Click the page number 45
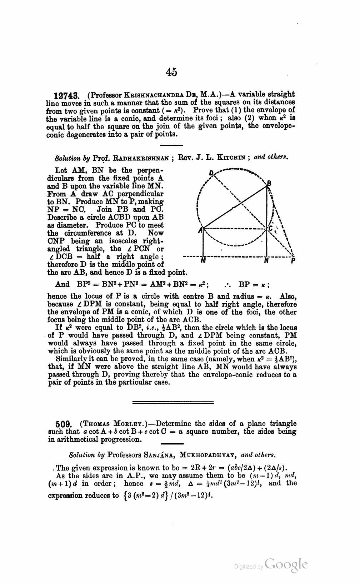coord(171,72)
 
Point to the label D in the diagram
coord(211,173)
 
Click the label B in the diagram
coord(270,184)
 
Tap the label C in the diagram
coord(271,228)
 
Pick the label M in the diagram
coord(203,261)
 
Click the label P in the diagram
coord(293,261)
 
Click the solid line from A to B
coord(236,208)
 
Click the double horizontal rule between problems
coord(173,403)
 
